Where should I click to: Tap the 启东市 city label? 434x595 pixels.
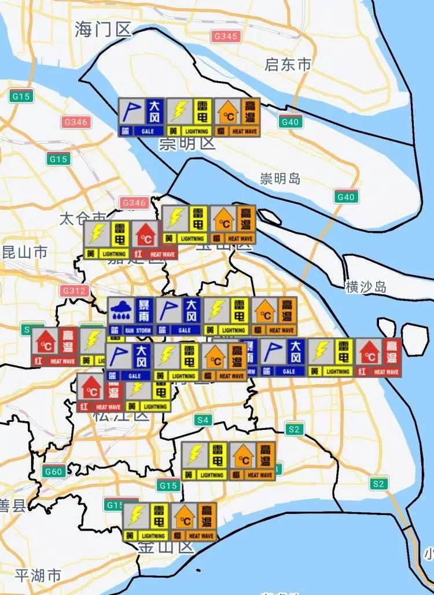tap(288, 64)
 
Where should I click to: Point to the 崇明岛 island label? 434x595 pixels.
tap(280, 178)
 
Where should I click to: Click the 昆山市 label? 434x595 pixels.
tap(24, 252)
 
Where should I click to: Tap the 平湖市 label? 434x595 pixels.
tap(38, 575)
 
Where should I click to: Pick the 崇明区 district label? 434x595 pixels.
tap(187, 143)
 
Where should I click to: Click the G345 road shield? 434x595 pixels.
tap(225, 36)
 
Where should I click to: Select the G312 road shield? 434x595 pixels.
tap(74, 290)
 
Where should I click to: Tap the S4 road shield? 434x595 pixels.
tap(203, 419)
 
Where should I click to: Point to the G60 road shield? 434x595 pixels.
tap(53, 472)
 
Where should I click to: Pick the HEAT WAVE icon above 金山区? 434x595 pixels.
tap(193, 521)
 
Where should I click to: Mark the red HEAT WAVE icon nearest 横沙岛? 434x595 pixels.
tap(378, 357)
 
